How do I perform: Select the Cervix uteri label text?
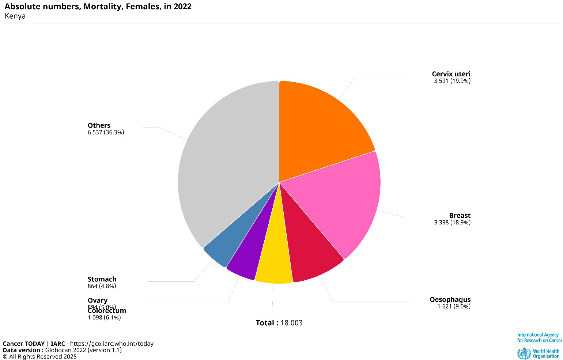tap(451, 74)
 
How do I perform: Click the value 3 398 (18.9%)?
tap(452, 223)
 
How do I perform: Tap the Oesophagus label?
tap(450, 300)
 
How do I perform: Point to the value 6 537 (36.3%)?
tap(106, 132)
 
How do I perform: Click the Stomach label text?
tap(102, 279)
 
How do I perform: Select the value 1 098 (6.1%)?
tap(104, 318)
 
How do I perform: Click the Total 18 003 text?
tap(279, 323)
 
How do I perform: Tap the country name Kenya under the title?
tap(15, 16)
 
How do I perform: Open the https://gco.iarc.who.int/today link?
tap(112, 344)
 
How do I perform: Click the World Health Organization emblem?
tap(524, 353)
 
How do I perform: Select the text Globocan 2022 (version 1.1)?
tap(83, 350)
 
